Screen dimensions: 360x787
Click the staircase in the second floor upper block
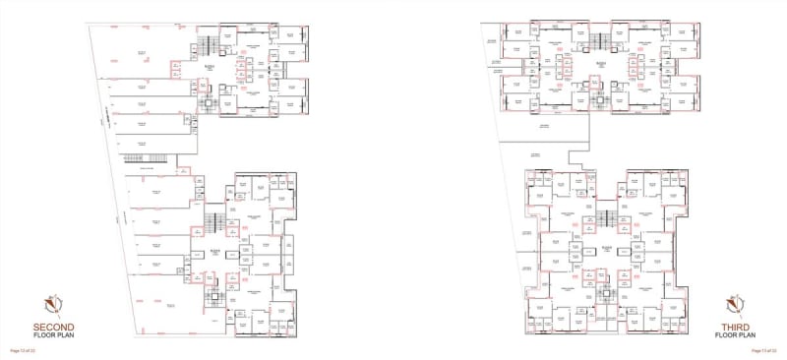click(x=207, y=46)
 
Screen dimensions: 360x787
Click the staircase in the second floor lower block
click(x=212, y=220)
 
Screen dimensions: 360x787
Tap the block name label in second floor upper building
click(x=209, y=67)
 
